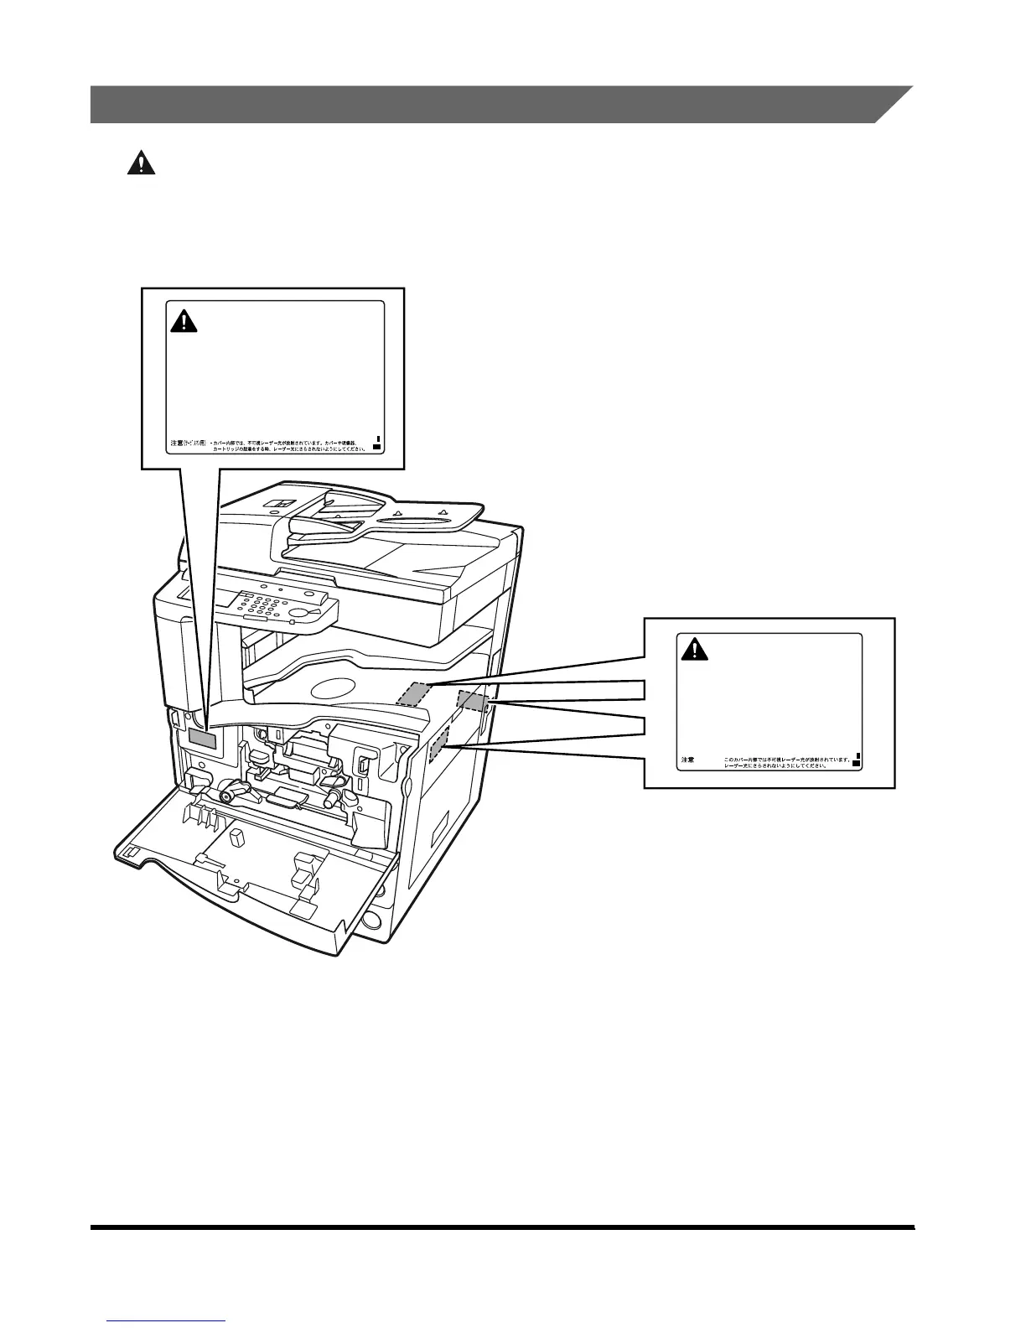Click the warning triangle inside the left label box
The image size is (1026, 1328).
click(x=184, y=321)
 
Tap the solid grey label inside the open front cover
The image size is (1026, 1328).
click(x=202, y=738)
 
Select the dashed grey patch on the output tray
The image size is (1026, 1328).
click(x=414, y=694)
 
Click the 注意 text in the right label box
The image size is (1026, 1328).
click(x=687, y=760)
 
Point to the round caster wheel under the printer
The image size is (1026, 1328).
click(x=371, y=920)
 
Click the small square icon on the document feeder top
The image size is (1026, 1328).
click(x=276, y=505)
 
